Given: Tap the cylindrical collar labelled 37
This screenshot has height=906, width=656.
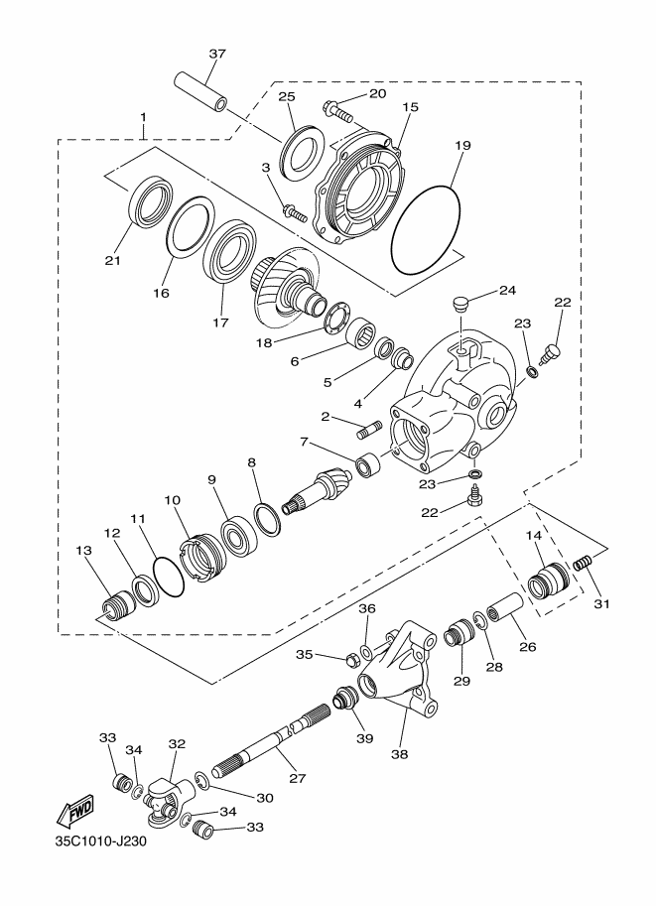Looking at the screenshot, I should tap(201, 90).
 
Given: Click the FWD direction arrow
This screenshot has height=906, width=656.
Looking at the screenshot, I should tap(74, 814).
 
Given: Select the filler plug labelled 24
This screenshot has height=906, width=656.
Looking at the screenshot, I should tap(458, 304).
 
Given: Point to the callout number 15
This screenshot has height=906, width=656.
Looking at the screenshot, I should tap(411, 107).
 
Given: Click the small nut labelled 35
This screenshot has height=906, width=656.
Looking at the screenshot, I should tap(351, 658).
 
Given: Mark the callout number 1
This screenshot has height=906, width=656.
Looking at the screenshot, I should tap(143, 117).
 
